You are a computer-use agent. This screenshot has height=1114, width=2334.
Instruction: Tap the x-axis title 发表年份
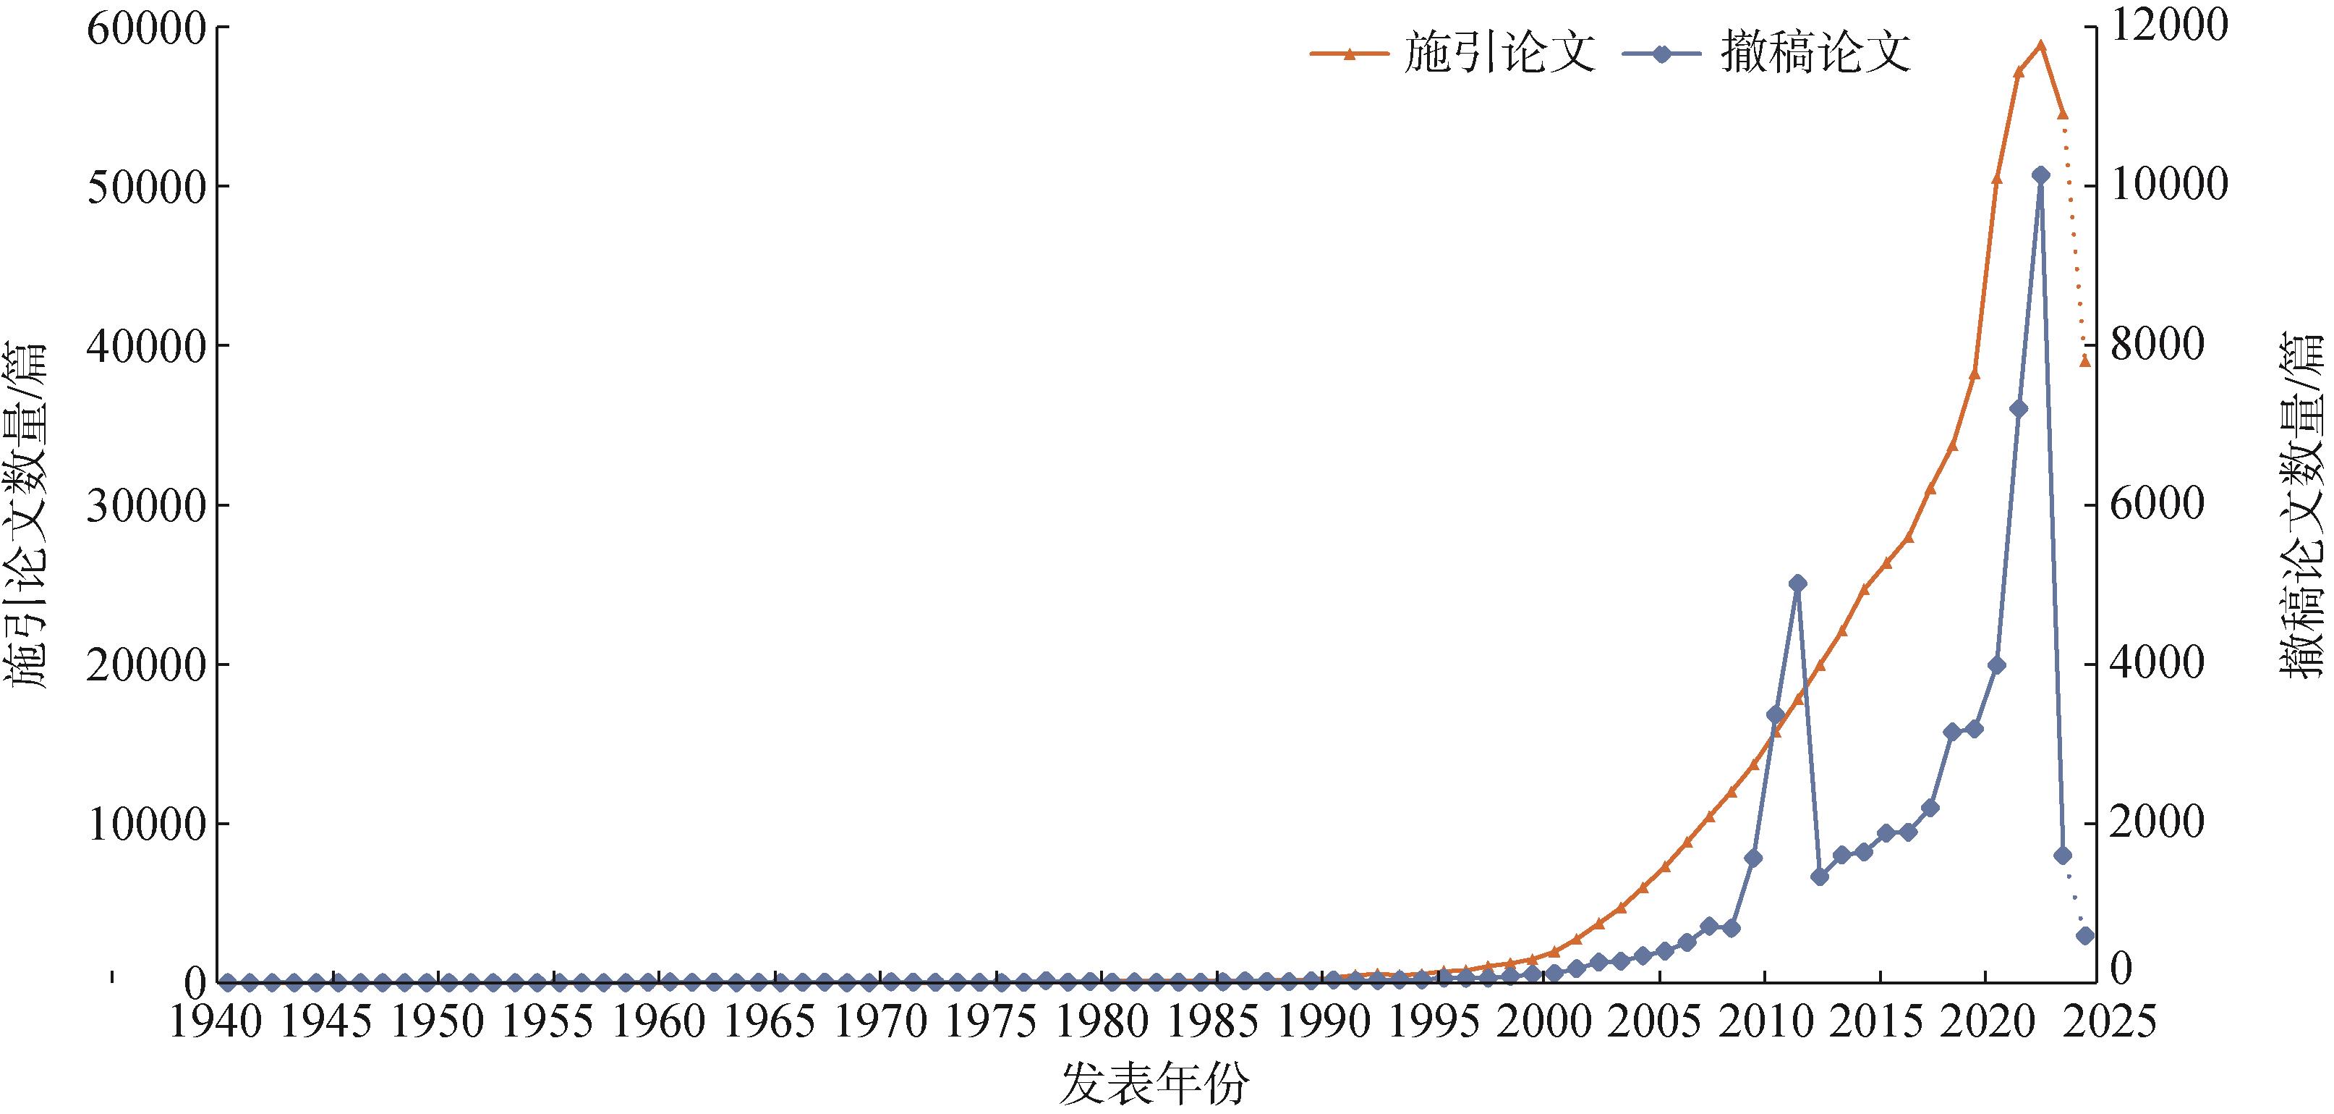coord(1154,1084)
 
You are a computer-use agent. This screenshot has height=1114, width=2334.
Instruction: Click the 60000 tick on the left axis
coord(145,28)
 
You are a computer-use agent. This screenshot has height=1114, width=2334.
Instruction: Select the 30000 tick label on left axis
coord(145,506)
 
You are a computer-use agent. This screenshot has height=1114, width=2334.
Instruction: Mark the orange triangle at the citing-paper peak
coord(2040,46)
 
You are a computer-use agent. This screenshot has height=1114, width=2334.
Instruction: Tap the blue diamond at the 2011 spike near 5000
coord(1797,583)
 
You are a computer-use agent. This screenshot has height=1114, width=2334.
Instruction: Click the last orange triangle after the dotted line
coord(2085,360)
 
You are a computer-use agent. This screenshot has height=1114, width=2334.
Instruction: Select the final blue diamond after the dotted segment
coord(2085,935)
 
